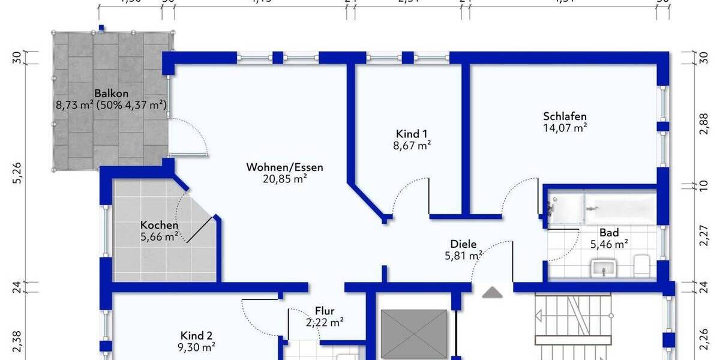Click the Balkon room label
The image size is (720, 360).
tap(112, 94)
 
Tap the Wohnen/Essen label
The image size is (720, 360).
tap(284, 167)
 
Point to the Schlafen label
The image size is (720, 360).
tap(565, 116)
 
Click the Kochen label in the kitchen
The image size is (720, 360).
tap(159, 225)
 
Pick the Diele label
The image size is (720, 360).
tap(463, 244)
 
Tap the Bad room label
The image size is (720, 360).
tap(609, 233)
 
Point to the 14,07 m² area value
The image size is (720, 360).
tap(565, 127)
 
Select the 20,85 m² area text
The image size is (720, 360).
tap(284, 178)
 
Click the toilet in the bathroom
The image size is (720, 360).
tap(641, 265)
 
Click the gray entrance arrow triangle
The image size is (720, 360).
tap(493, 292)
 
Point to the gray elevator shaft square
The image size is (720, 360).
tap(414, 333)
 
